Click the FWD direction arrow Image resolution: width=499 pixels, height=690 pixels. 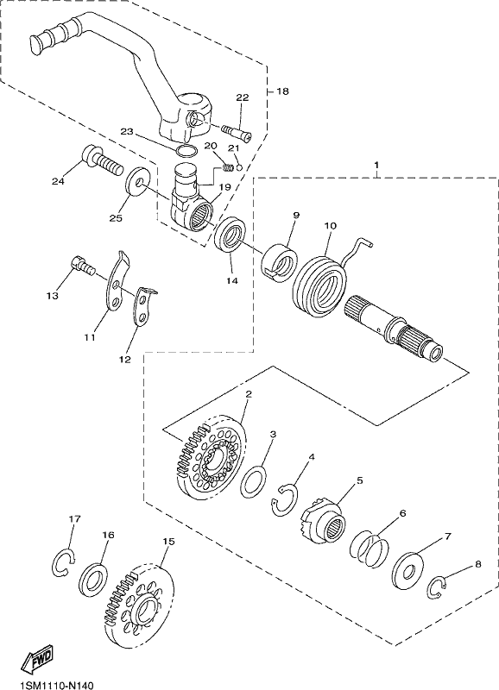click(x=38, y=659)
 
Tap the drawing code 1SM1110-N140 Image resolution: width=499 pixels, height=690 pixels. click(x=56, y=685)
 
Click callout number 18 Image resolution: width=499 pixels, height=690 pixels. click(x=282, y=91)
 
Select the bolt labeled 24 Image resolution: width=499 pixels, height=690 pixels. click(x=102, y=161)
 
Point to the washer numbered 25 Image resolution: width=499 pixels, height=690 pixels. click(x=138, y=181)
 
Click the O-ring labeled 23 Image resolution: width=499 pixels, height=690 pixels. click(x=186, y=150)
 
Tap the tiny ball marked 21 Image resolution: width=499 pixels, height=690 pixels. click(x=239, y=167)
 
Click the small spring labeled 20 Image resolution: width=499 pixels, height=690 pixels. click(x=228, y=167)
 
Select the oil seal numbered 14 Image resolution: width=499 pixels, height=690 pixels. click(x=230, y=234)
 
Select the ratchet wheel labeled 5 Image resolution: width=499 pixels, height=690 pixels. click(x=325, y=521)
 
